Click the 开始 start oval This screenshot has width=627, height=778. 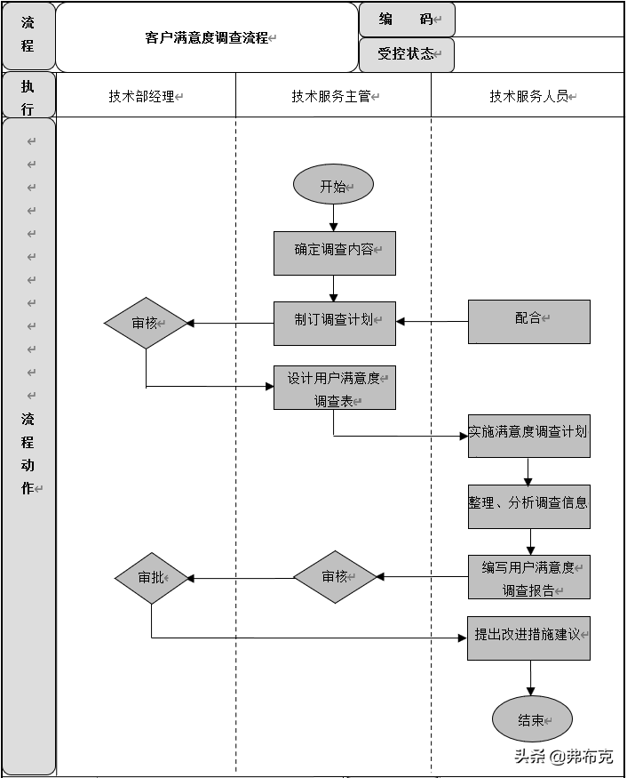point(333,185)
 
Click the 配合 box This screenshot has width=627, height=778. point(529,321)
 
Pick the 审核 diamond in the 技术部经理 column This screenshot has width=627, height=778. point(146,322)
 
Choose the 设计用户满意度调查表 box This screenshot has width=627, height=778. point(334,388)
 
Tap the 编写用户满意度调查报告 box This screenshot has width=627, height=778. point(529,577)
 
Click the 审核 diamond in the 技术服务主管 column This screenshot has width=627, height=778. point(336,577)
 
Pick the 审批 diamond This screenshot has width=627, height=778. point(151,578)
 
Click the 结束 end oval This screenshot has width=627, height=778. point(532,719)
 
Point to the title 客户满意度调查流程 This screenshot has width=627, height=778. point(208,38)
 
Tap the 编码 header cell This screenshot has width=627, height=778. point(407,19)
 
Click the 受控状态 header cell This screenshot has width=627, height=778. point(407,54)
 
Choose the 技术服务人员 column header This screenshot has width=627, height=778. point(529,96)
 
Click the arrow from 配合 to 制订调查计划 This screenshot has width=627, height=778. point(433,321)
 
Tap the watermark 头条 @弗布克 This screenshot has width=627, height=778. point(563,757)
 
